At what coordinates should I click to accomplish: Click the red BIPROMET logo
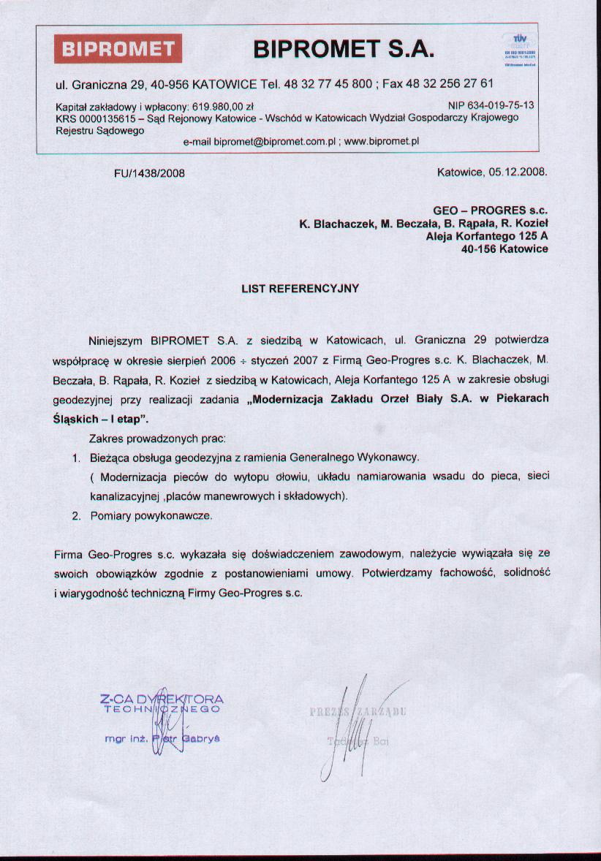click(x=118, y=49)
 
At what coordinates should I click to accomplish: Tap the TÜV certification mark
click(x=520, y=49)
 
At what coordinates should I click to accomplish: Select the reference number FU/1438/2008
click(x=150, y=173)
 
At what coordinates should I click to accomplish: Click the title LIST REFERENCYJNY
click(x=300, y=289)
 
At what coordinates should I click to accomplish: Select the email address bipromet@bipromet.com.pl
click(x=275, y=141)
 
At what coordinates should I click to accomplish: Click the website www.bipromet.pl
click(x=380, y=141)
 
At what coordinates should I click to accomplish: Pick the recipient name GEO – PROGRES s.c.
click(x=491, y=210)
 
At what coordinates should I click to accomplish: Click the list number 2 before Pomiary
click(x=75, y=515)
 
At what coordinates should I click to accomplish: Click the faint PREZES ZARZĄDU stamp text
click(x=358, y=711)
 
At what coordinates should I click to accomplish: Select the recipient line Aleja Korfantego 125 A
click(x=487, y=236)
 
